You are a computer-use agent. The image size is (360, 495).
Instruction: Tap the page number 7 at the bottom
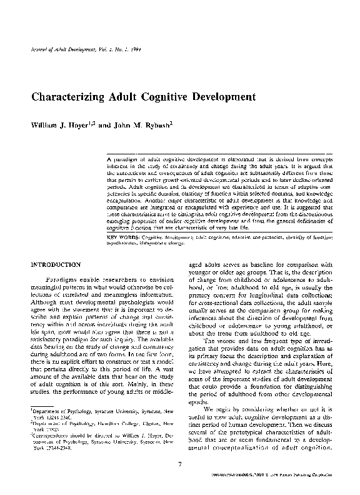(x=180, y=464)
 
